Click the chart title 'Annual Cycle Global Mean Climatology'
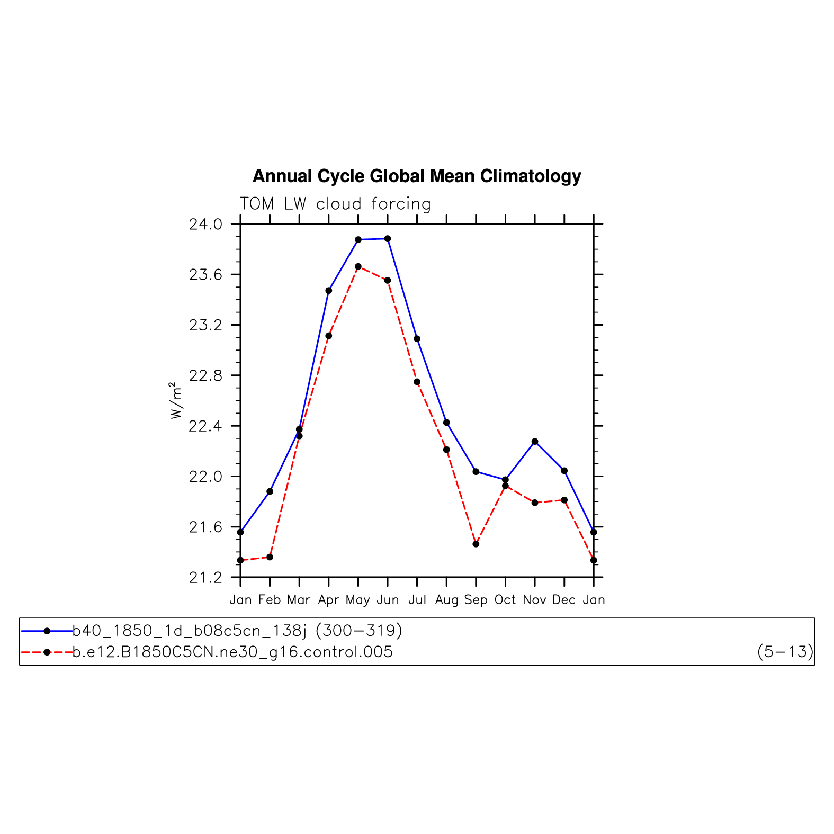click(x=417, y=176)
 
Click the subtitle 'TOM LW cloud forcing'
click(x=335, y=204)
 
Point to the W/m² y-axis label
click(x=176, y=400)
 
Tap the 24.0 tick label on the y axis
click(x=206, y=225)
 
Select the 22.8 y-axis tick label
click(x=206, y=376)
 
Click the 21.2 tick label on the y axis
click(x=206, y=578)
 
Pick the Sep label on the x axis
click(x=476, y=600)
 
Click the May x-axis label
click(x=358, y=600)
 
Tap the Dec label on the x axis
click(x=564, y=600)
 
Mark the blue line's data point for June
click(x=388, y=239)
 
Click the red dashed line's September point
click(x=476, y=544)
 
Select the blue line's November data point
click(x=535, y=442)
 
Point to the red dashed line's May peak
click(x=358, y=266)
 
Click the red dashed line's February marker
click(x=270, y=557)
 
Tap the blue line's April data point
click(x=329, y=291)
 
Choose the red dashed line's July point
click(x=417, y=382)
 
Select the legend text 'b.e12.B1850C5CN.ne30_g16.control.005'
click(x=233, y=652)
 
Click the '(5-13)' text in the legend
click(x=785, y=652)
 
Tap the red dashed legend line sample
click(x=47, y=652)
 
